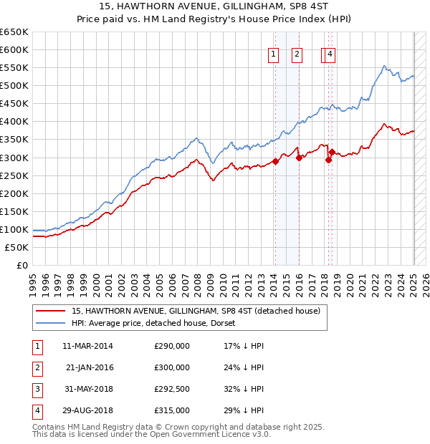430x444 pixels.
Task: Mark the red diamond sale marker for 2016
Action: pyautogui.click(x=299, y=158)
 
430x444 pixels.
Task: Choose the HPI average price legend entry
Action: pyautogui.click(x=158, y=323)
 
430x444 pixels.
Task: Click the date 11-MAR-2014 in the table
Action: pyautogui.click(x=87, y=346)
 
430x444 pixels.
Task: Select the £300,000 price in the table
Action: pyautogui.click(x=172, y=367)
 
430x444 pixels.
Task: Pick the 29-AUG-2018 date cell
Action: pyautogui.click(x=87, y=410)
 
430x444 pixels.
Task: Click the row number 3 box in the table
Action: pyautogui.click(x=36, y=389)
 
